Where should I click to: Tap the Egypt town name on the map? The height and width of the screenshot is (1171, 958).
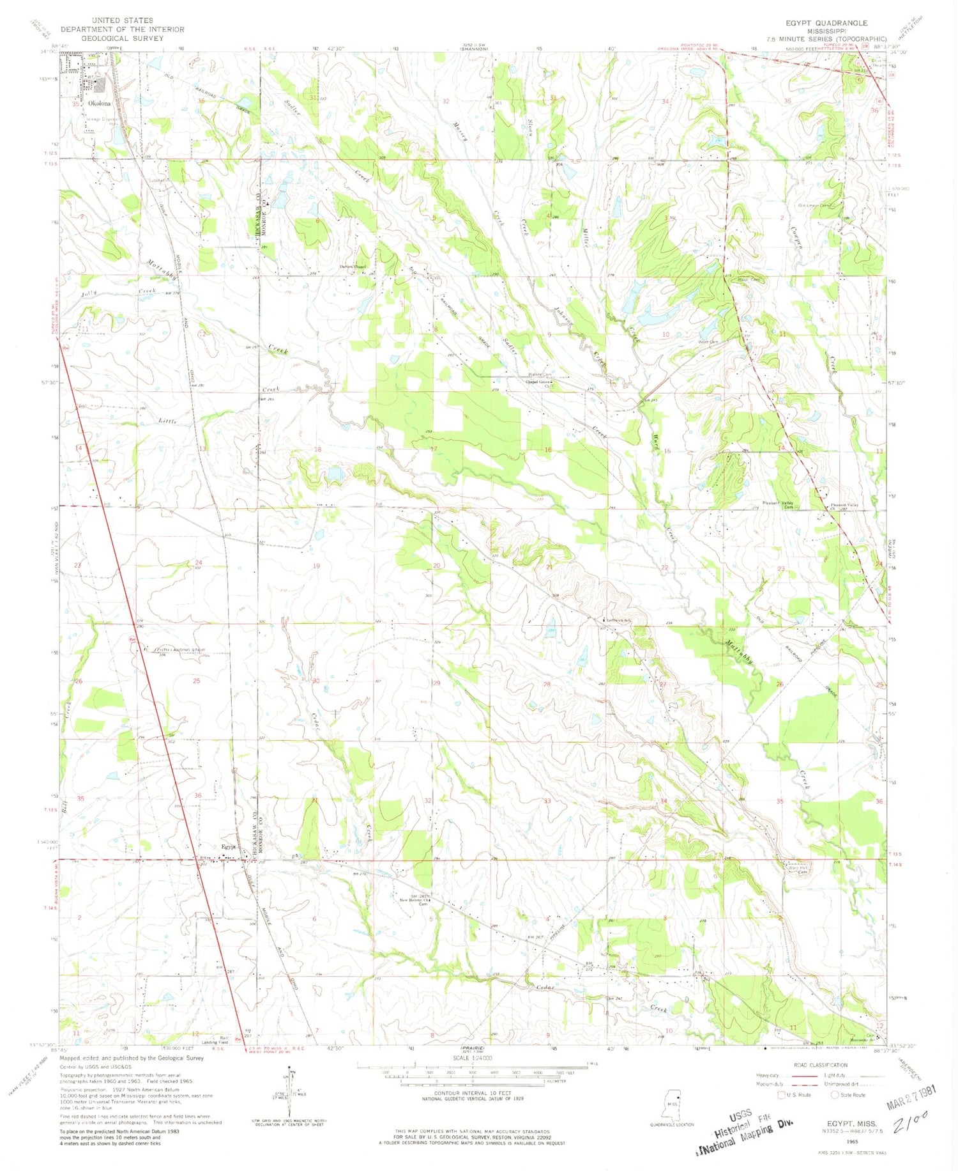click(228, 847)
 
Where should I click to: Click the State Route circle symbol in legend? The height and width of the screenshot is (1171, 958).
click(833, 1095)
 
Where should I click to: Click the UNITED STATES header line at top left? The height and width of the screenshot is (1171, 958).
click(122, 20)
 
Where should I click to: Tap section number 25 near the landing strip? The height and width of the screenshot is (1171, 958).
click(196, 681)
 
